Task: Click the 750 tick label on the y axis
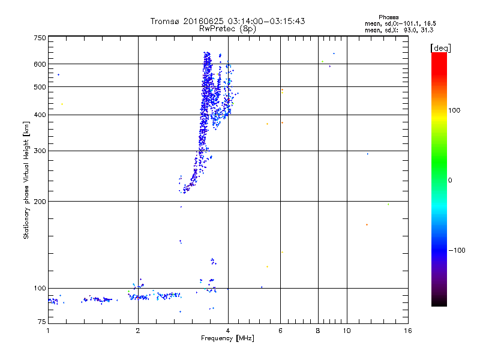click(x=40, y=38)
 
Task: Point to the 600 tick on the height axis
click(x=40, y=64)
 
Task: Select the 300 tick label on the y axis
click(x=40, y=151)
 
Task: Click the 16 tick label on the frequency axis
click(x=407, y=331)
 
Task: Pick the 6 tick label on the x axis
click(x=281, y=331)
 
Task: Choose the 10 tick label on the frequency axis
click(x=346, y=331)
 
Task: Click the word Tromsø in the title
click(x=167, y=21)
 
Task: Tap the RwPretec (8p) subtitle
click(x=228, y=28)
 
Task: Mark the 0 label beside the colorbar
click(x=451, y=180)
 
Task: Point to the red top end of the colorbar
click(x=439, y=55)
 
